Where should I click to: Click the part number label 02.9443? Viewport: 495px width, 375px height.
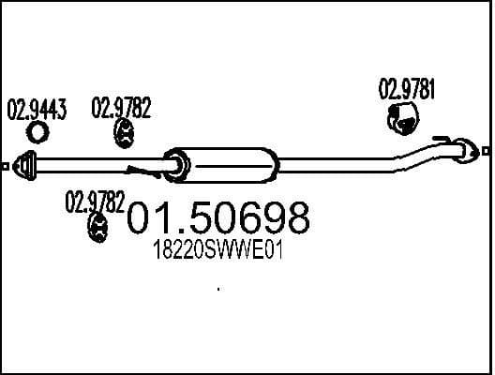(x=37, y=110)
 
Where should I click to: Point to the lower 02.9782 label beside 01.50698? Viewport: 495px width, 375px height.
(x=94, y=202)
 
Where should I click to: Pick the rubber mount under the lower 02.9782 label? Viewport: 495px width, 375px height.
(x=97, y=227)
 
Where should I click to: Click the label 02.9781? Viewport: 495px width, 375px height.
(x=407, y=90)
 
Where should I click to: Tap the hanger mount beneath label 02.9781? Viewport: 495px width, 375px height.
(x=404, y=119)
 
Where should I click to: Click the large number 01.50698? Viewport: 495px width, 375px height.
(x=217, y=220)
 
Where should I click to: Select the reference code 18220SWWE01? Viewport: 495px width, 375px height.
(x=217, y=252)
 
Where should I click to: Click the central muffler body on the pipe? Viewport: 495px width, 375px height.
(x=225, y=165)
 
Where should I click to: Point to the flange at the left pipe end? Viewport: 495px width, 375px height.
(x=27, y=166)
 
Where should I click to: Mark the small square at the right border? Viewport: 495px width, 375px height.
(x=487, y=148)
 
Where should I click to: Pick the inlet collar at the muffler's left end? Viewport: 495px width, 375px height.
(x=172, y=167)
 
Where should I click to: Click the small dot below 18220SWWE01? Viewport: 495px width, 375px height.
(x=218, y=290)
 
